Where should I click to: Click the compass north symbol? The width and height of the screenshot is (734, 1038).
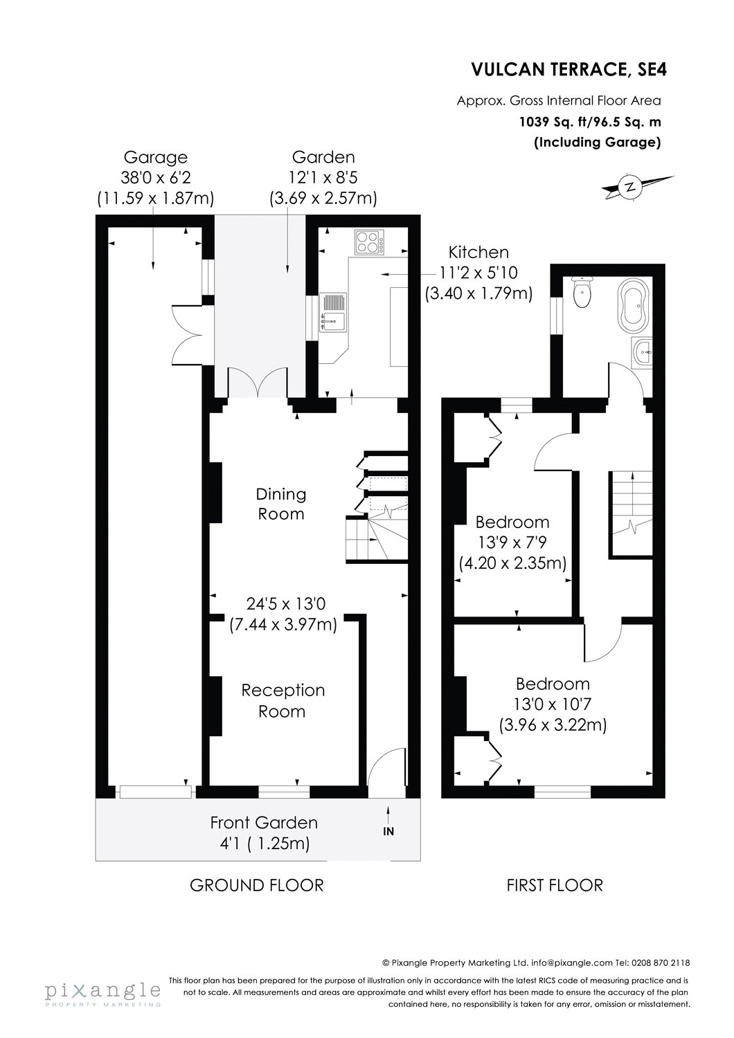pos(629,185)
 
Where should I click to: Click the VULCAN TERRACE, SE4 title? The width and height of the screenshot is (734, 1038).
pos(566,69)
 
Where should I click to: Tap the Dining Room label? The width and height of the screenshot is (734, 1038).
pos(280,504)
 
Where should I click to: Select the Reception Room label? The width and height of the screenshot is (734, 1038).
pos(282,701)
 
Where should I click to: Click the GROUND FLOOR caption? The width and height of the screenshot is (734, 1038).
pos(257,884)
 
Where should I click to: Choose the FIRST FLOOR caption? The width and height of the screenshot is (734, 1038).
pos(555,884)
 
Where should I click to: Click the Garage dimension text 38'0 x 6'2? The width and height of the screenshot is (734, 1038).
pos(155,179)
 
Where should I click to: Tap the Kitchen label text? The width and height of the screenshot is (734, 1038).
pos(478,253)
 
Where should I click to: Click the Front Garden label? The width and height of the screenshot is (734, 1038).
pos(264,823)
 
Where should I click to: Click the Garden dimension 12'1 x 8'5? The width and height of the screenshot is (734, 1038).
pos(323,179)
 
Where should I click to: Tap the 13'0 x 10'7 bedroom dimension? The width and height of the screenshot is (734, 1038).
pos(553,705)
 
